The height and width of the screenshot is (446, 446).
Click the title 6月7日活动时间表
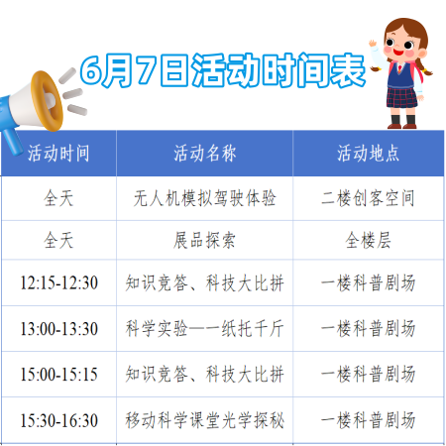coord(223,70)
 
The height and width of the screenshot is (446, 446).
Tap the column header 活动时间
coord(58,154)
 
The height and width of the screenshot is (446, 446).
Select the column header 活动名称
coord(205,154)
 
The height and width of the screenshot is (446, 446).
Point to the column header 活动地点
coord(368,154)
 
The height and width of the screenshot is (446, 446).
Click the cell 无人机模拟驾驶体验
coord(205,198)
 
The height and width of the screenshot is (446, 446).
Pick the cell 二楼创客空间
coord(368,198)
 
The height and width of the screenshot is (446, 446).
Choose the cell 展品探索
coord(205,240)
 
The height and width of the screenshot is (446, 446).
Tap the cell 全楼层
coord(368,240)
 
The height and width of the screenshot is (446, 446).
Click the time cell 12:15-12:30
coord(59,282)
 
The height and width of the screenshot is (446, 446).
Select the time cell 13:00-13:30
coord(59,329)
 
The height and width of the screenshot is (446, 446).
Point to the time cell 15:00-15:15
coord(59,375)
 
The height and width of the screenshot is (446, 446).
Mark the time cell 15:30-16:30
coord(59,420)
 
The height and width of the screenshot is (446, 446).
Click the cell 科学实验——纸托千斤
coord(205,329)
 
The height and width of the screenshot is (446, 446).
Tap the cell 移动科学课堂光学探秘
coord(205,420)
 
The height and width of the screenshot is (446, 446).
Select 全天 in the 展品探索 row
coord(58,240)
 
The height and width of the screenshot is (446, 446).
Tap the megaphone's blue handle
coord(13,142)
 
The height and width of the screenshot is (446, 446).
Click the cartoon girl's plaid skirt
coord(401,98)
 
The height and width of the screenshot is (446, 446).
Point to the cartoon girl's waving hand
coord(373,44)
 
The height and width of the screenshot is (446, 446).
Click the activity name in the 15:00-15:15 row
coord(205,375)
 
